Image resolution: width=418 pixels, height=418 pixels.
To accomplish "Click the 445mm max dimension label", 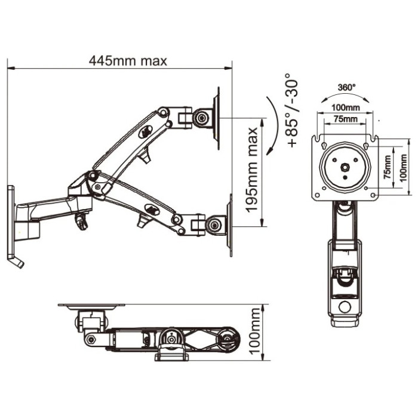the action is point(128,61).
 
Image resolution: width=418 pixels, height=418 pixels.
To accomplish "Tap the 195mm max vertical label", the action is point(251,170).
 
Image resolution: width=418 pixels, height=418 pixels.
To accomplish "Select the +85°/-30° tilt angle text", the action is point(292,110).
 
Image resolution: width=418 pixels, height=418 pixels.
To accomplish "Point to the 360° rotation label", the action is point(346,87).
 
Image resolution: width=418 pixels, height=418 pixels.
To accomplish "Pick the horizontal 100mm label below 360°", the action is point(346,107).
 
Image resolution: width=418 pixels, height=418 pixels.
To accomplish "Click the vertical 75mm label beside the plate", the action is point(388,167).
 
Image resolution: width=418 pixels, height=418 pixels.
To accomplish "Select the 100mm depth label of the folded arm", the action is point(255,331).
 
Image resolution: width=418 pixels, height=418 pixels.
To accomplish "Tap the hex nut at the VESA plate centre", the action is point(346,167).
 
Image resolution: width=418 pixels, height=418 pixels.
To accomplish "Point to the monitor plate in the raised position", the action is point(216,118).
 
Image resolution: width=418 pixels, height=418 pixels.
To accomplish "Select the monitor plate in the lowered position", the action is point(229,225).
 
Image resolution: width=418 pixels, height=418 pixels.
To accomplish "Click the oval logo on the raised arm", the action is point(146,131).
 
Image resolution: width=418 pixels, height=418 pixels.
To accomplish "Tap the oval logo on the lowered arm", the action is point(152,209).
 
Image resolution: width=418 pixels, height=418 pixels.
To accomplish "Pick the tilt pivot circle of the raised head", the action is point(202,117).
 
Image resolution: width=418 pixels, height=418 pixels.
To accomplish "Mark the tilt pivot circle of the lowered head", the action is point(214,225).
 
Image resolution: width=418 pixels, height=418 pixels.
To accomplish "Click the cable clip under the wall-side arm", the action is point(81,221).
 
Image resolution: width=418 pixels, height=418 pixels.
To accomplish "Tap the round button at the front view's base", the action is point(345,307).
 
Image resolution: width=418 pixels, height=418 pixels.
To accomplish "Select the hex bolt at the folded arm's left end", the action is point(91,339).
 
